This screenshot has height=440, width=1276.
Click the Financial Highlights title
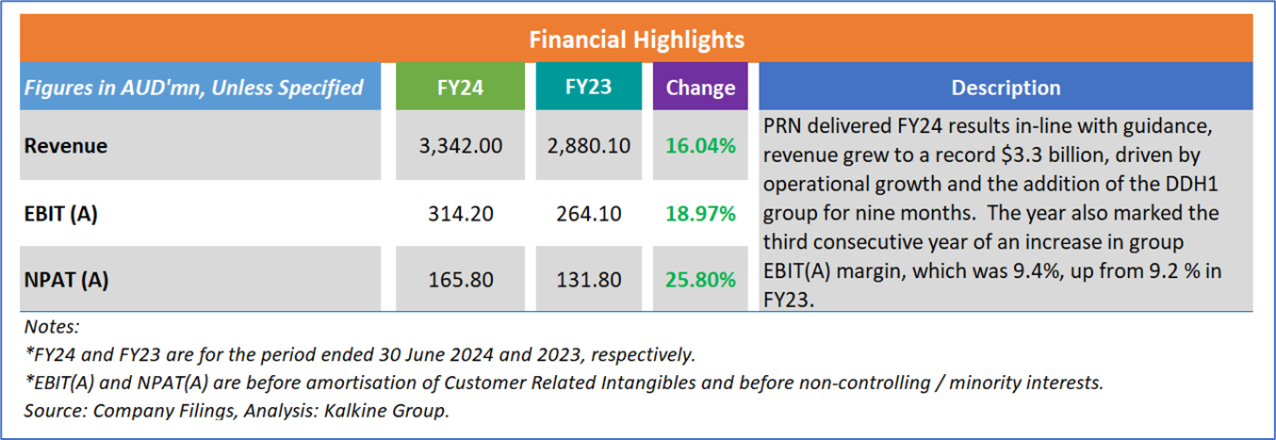pos(637,40)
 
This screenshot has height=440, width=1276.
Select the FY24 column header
pos(459,88)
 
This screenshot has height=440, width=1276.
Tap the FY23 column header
pos(588,88)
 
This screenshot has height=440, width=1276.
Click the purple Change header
pos(700,88)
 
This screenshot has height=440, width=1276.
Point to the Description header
pos(1006,88)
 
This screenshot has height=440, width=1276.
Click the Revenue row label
pos(66,146)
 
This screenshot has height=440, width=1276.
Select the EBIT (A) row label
pos(61,214)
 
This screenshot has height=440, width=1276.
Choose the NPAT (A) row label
pos(63,280)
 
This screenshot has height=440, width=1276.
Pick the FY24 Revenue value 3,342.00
pos(459,146)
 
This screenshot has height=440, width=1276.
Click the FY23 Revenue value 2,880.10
pos(588,146)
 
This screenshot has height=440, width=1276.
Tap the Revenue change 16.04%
pos(700,146)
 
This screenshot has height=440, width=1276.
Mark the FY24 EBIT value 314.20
pos(459,214)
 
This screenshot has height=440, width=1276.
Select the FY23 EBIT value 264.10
pos(588,214)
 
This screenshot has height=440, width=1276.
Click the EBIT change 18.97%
pos(700,214)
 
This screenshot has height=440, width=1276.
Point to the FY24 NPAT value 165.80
pos(459,280)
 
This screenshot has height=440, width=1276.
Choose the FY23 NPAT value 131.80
pos(588,280)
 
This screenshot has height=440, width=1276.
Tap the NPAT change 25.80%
pos(700,280)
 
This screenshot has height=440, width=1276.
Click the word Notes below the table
pos(52,328)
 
